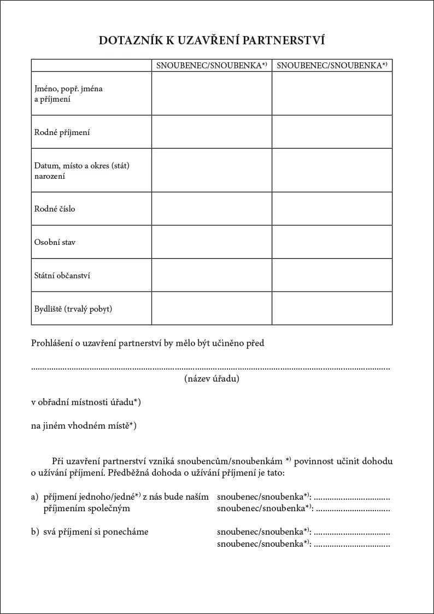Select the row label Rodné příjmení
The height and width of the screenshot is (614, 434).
[62, 132]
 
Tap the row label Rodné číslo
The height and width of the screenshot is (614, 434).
[55, 209]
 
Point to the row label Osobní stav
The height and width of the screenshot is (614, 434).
[55, 242]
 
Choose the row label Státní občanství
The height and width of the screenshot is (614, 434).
[62, 276]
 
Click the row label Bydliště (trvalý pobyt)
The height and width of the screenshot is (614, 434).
[73, 309]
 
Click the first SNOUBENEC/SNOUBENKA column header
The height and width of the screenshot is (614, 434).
[212, 66]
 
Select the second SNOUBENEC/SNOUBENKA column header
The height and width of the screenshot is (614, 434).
[332, 66]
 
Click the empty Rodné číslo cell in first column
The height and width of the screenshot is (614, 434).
[212, 209]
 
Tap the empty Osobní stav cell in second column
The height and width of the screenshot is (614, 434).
[332, 242]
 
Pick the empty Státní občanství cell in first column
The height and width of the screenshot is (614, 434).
[212, 276]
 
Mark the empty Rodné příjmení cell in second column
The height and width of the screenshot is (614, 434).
[332, 132]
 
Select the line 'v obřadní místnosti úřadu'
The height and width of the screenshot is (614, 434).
[86, 403]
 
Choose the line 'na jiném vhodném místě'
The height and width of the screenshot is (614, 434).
[83, 426]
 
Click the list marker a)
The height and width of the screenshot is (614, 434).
[34, 497]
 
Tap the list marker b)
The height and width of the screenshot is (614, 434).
[34, 531]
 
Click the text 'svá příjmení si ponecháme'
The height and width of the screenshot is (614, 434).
[96, 531]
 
